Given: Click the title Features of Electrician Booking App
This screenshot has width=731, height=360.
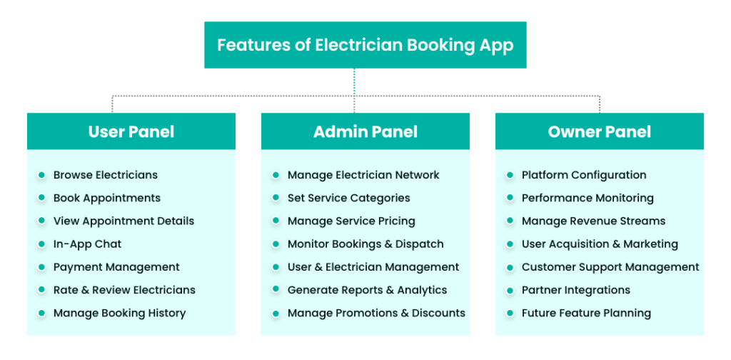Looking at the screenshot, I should [365, 45].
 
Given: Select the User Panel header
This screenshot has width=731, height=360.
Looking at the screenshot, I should [131, 131].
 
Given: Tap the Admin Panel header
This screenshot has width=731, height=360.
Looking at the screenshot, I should [365, 131].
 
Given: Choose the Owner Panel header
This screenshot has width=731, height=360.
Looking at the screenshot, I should [599, 131].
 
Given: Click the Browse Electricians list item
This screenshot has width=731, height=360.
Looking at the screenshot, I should [105, 175].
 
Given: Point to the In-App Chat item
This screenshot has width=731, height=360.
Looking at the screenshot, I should [87, 244].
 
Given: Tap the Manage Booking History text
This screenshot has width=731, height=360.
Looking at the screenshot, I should [119, 313].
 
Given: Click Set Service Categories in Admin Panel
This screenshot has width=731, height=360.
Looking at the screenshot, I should [348, 198].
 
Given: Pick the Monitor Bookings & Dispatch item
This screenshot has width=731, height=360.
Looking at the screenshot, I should [365, 244].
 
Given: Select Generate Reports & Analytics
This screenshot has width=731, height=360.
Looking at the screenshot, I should [367, 290].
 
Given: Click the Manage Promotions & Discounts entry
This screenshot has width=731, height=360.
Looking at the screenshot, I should [376, 313].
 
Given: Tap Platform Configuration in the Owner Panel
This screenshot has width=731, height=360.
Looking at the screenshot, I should [584, 175].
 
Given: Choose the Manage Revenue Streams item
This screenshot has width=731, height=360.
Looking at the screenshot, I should [593, 221].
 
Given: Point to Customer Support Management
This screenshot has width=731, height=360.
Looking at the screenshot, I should [610, 267].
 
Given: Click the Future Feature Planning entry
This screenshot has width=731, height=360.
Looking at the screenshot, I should [586, 313].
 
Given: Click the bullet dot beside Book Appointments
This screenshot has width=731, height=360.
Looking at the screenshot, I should [41, 198].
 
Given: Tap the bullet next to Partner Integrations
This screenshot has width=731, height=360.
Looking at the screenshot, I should [510, 290].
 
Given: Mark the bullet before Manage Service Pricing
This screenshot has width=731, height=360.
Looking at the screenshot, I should [276, 221].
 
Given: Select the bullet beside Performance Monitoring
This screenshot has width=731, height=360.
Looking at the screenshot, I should [510, 198].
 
